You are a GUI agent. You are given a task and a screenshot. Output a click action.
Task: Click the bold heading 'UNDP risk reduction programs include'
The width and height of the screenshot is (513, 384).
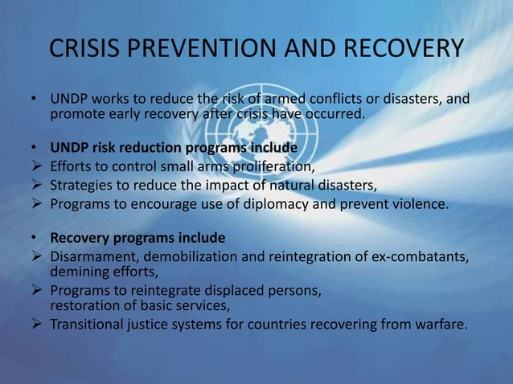pos(174,149)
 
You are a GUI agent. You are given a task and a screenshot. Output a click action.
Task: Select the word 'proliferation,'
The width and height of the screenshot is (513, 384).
pos(270,167)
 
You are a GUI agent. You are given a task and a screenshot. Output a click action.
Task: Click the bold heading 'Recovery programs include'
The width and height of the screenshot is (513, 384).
pos(137,239)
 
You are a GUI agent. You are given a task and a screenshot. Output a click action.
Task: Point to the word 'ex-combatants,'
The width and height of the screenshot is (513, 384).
pos(424,257)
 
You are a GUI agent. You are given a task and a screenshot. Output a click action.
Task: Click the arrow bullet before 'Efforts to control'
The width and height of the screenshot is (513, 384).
pos(35,167)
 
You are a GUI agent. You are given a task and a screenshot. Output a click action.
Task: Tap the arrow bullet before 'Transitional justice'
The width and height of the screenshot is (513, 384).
pos(35,325)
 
